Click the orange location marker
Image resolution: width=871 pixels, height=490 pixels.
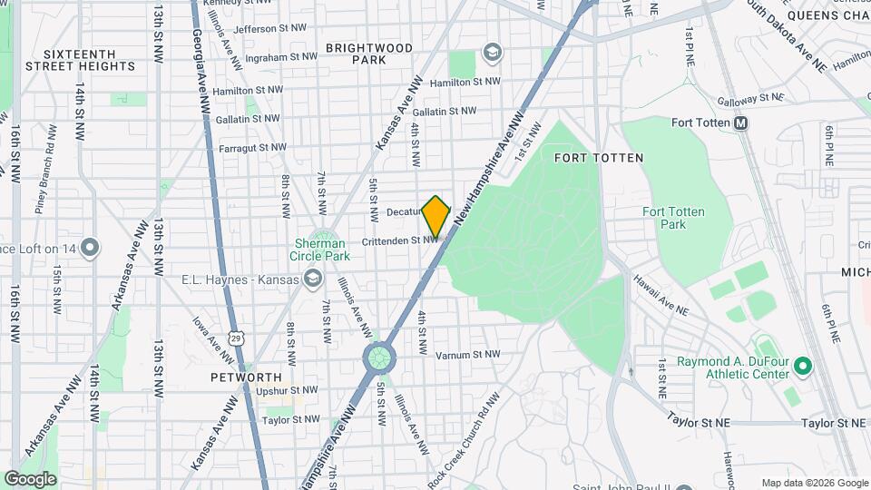click(x=436, y=216)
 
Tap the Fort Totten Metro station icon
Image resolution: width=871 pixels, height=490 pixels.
click(x=741, y=123)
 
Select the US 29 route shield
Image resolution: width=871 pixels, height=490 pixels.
click(x=236, y=338)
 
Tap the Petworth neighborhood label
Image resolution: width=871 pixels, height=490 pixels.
click(x=246, y=377)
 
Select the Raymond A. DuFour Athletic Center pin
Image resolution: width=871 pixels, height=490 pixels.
click(x=802, y=367)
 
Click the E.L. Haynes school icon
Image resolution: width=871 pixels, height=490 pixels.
click(x=313, y=278)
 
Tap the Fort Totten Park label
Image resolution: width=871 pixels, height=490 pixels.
click(x=672, y=218)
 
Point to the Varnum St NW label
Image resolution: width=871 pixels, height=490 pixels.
click(x=467, y=355)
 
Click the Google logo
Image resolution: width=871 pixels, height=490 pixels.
click(x=30, y=478)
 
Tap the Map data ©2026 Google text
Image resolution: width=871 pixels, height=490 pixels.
click(x=813, y=483)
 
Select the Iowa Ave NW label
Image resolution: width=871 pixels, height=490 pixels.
click(x=210, y=336)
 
